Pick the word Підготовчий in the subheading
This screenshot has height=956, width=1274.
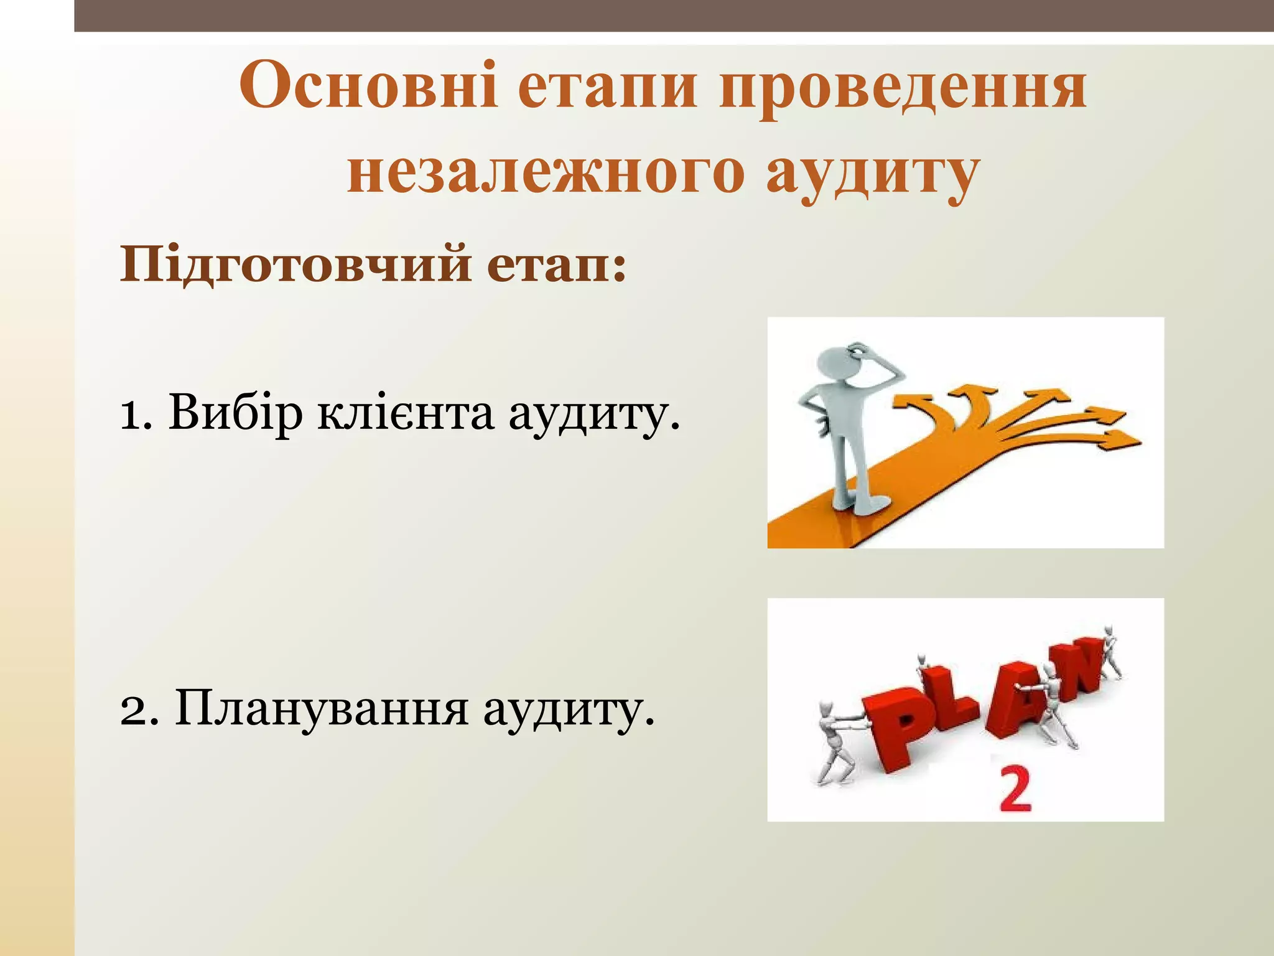(x=295, y=265)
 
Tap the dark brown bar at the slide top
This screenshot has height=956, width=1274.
(x=672, y=15)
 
